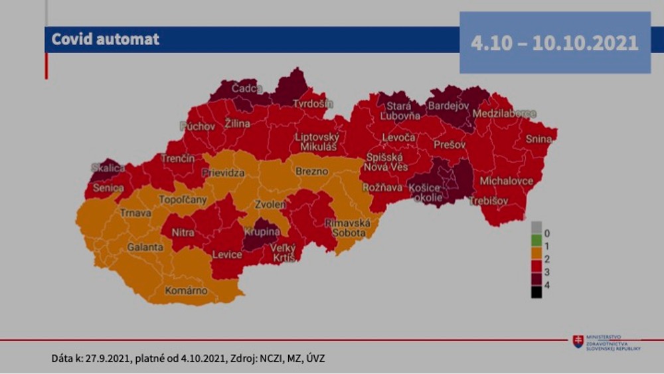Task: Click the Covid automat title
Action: point(106,39)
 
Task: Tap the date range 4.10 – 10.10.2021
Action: point(554,43)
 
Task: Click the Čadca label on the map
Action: point(247,88)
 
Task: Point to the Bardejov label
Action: point(449,106)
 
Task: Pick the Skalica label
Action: point(108,168)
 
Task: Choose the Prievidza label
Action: point(223,173)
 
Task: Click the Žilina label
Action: point(237,124)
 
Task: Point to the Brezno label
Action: point(311,171)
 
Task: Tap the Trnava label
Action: point(135,213)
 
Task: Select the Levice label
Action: point(227,254)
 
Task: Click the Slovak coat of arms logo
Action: point(578,341)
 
